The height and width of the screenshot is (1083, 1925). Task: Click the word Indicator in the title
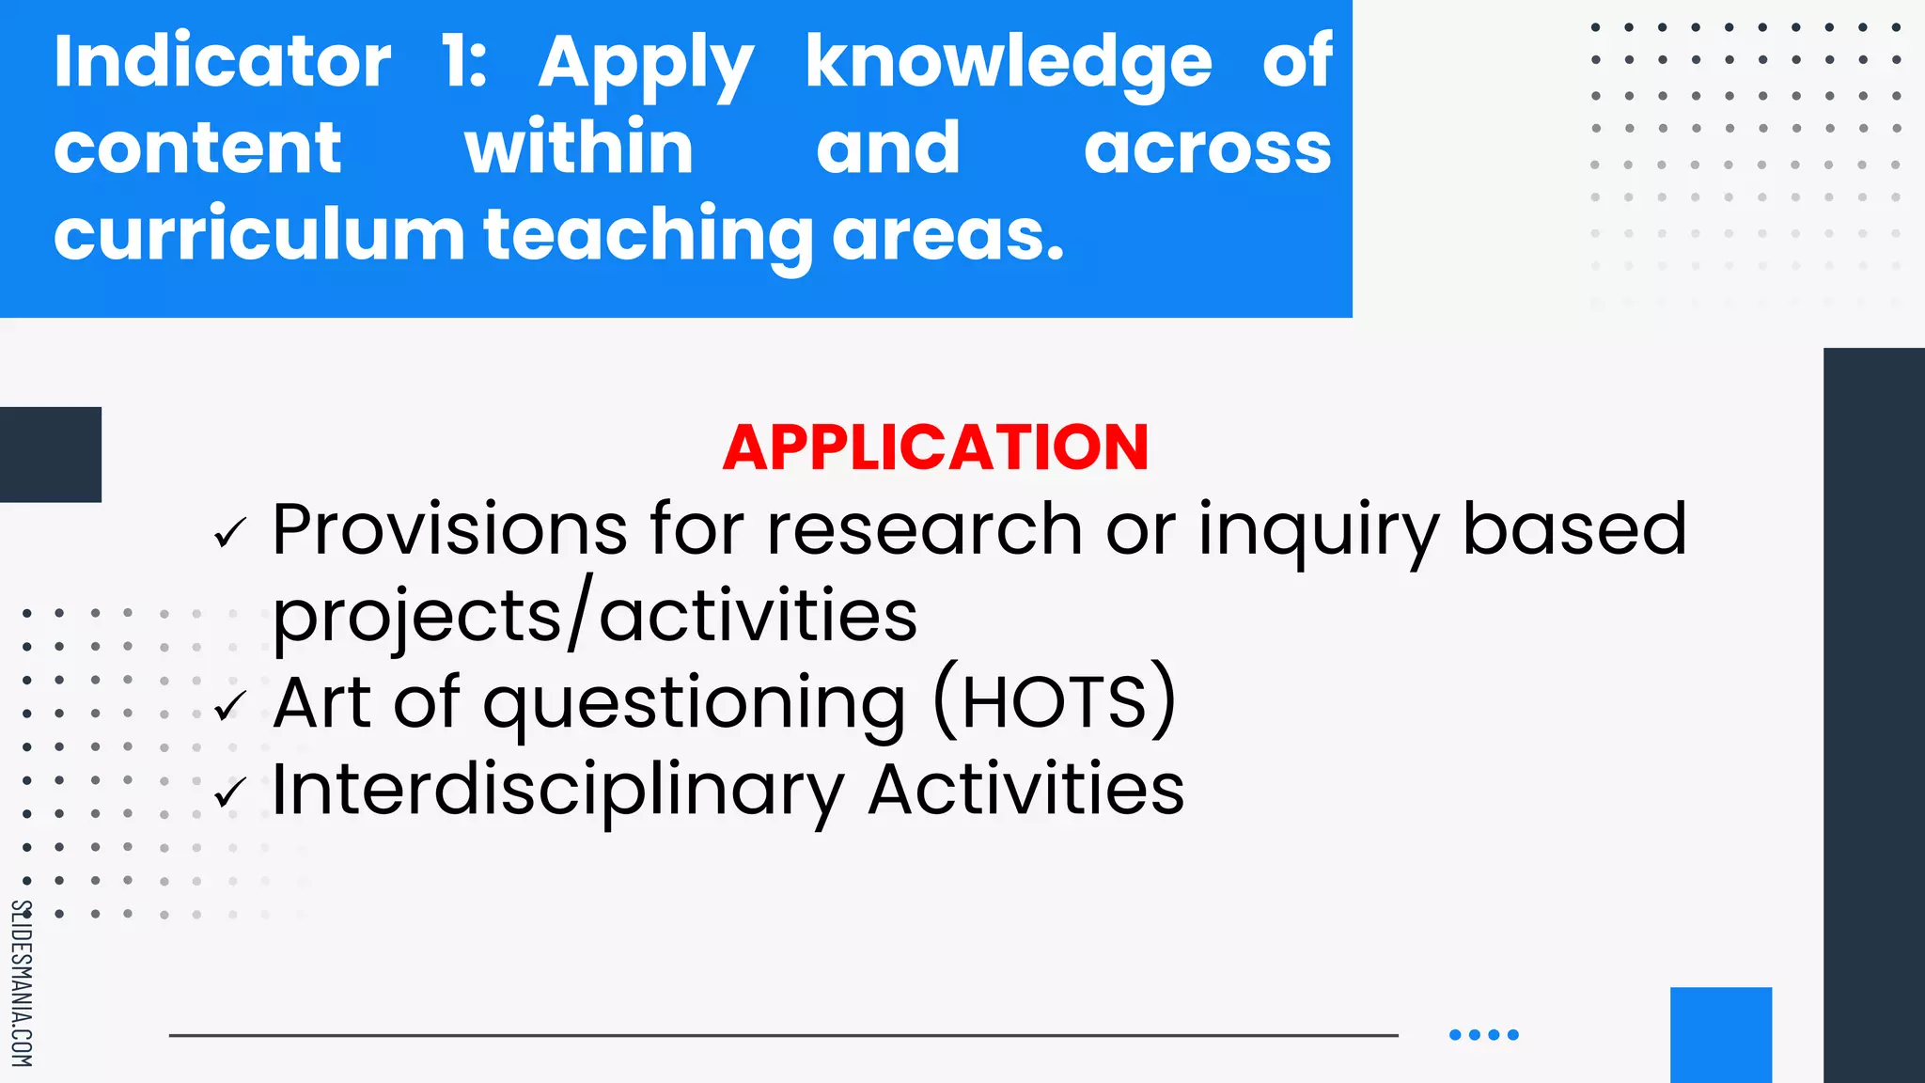point(222,62)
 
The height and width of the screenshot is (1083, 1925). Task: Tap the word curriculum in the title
point(258,234)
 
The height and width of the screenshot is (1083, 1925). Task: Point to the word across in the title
point(1208,149)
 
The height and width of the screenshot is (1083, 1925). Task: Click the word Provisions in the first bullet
point(449,529)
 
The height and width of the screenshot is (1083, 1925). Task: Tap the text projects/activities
point(594,616)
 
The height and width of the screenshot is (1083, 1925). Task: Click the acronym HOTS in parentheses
point(1054,702)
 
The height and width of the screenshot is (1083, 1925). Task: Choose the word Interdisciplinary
point(557,791)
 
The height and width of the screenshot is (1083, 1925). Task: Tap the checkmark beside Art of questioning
point(229,706)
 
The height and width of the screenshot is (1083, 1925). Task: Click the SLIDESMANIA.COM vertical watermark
point(22,982)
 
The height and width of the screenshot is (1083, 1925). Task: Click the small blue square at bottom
point(1720,1034)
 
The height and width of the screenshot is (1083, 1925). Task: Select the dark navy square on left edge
point(50,454)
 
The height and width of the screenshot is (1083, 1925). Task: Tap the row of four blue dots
point(1483,1034)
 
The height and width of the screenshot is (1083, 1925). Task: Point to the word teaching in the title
point(648,235)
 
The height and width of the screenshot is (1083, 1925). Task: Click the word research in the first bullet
point(924,529)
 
